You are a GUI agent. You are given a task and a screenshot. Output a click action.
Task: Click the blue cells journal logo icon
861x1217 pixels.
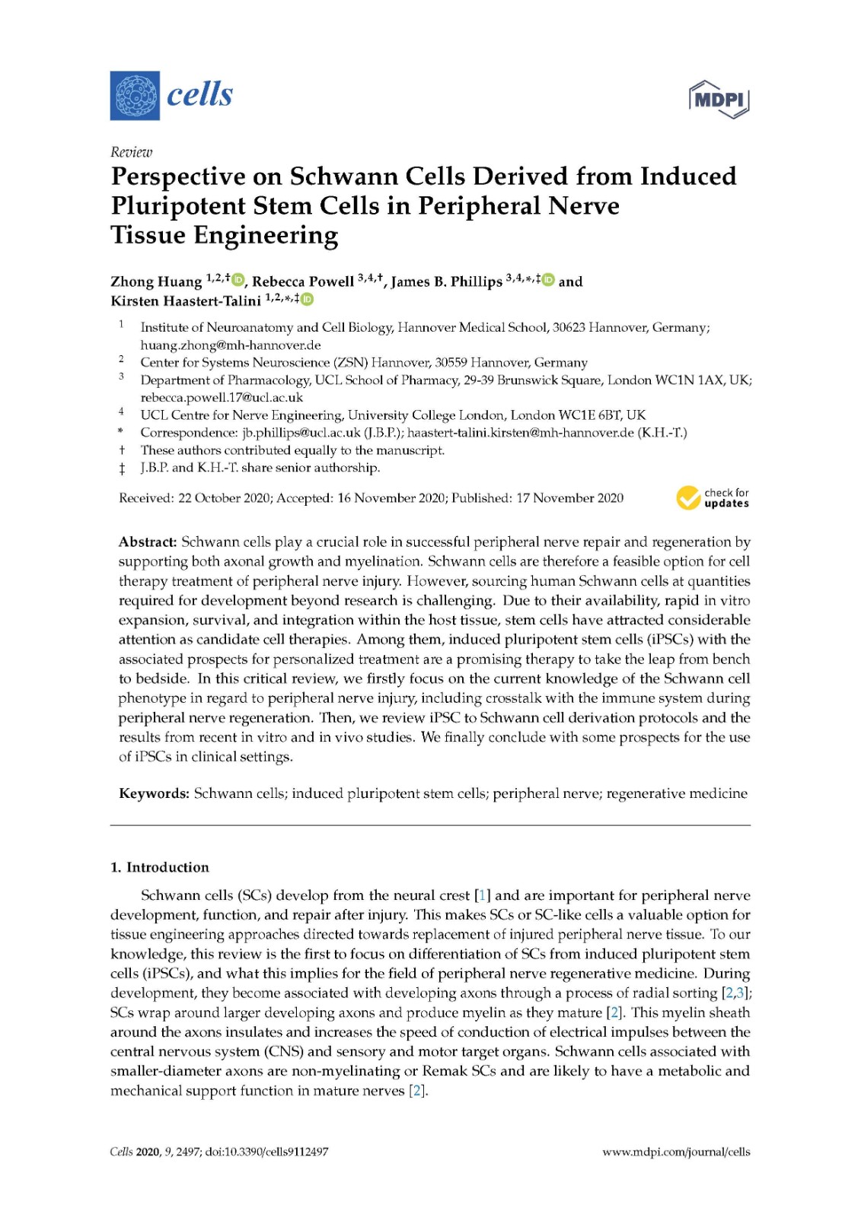[135, 96]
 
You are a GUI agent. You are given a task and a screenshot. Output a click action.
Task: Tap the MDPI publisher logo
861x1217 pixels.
[719, 99]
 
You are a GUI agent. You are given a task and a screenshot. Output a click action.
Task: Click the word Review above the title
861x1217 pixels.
[131, 152]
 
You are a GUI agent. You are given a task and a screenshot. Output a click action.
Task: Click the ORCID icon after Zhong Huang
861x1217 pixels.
[238, 281]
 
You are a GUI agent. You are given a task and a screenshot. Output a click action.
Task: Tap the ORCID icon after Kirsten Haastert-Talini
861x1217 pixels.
[307, 300]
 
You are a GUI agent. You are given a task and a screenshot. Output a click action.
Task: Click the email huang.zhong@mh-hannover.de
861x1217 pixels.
[230, 345]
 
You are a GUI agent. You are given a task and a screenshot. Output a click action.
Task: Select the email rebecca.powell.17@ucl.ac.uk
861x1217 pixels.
[222, 397]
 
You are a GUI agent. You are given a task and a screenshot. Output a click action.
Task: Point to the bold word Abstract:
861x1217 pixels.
[148, 542]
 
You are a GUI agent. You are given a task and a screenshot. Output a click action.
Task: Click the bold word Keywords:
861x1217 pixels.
[154, 794]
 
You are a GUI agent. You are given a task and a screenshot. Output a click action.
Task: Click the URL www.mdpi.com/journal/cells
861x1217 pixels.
[676, 1152]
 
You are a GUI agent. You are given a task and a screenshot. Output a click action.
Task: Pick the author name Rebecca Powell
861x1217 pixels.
[303, 282]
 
